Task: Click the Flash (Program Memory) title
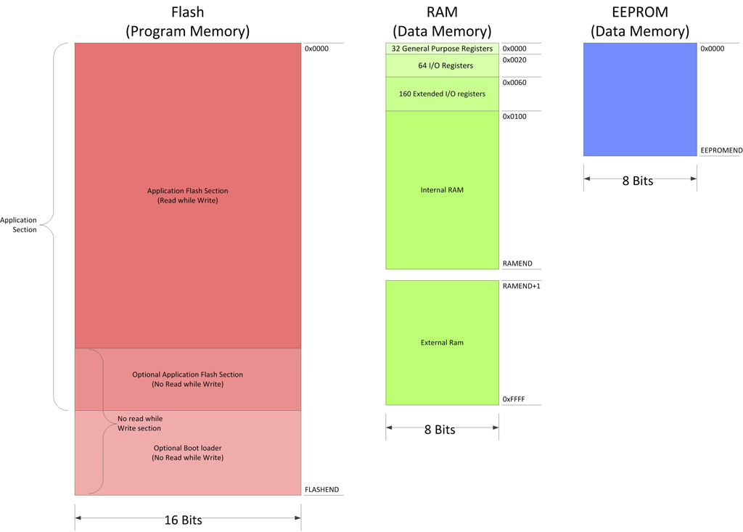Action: click(187, 22)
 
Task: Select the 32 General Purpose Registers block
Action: click(442, 49)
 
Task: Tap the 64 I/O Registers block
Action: click(442, 65)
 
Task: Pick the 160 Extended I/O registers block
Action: click(442, 94)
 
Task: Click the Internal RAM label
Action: click(442, 190)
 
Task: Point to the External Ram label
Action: click(442, 343)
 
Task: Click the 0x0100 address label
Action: click(514, 116)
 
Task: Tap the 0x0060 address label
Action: click(514, 83)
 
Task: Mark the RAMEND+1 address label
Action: click(521, 286)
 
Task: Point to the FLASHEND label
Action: click(321, 490)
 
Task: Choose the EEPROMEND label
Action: click(721, 150)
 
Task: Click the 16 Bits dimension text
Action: click(183, 520)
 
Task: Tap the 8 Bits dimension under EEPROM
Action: click(638, 181)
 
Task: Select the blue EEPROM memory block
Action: click(640, 99)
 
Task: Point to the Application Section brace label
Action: click(18, 225)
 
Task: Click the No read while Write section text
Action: click(140, 423)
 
